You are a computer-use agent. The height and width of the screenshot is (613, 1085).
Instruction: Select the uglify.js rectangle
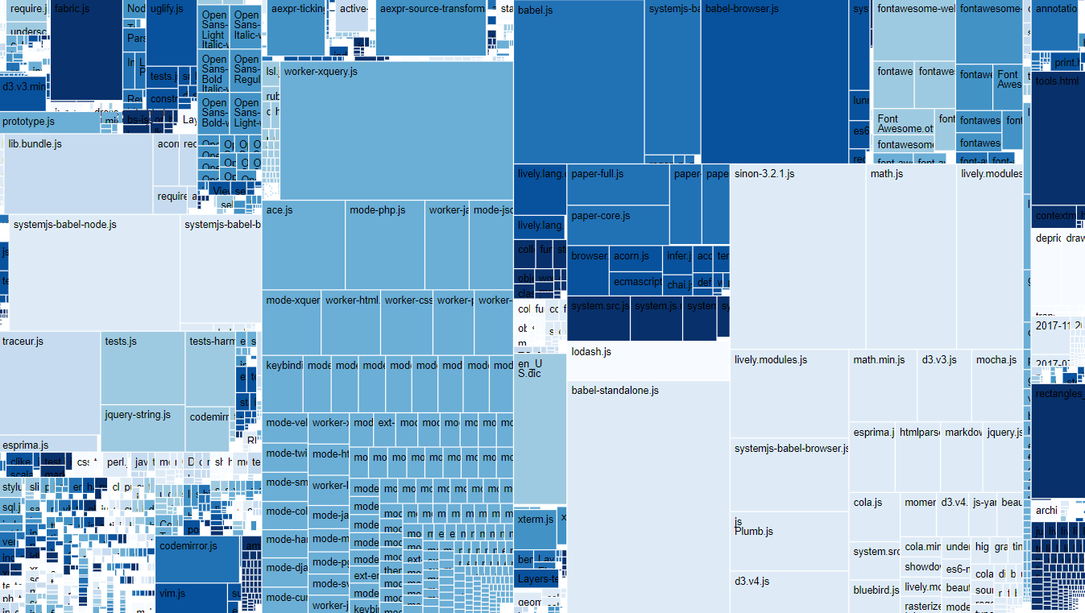172,32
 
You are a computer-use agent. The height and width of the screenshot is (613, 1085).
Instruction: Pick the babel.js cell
578,81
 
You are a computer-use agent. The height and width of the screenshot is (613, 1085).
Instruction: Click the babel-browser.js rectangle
774,81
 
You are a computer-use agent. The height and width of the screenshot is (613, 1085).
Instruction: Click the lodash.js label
591,352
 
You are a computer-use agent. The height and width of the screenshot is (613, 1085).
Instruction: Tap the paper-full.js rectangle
618,184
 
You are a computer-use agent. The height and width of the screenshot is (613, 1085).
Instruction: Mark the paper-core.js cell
618,225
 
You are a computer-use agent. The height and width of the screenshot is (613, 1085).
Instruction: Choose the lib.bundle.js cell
78,174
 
